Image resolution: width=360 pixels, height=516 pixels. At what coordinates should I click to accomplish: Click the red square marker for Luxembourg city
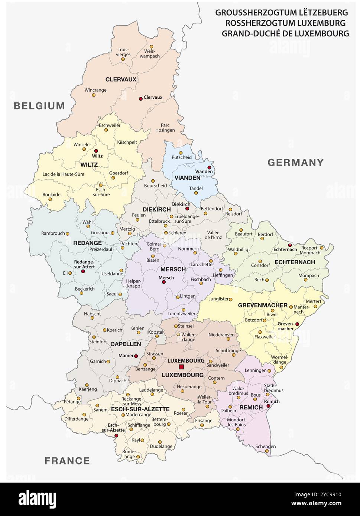coord(181,367)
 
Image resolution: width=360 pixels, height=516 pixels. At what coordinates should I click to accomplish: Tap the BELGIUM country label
coord(39,106)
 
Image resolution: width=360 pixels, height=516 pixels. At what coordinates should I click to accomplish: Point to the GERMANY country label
coord(296,162)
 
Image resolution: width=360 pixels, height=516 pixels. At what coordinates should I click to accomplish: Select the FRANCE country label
coord(67,461)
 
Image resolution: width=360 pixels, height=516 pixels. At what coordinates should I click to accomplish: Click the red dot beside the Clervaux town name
coord(141,98)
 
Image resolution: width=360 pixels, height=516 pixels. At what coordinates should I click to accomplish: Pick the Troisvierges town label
coord(124,52)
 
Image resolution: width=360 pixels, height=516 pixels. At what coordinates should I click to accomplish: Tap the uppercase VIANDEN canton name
coord(187,178)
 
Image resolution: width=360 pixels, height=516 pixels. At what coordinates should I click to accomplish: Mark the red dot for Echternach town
coord(290,245)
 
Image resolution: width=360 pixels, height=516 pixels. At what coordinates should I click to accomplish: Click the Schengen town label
coord(266,446)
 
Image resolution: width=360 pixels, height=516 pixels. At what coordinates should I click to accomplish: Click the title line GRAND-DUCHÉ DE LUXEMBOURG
coord(285,33)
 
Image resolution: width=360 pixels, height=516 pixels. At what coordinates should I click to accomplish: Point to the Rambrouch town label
coord(53,233)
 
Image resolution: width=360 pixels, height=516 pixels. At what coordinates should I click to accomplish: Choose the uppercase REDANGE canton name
coord(87,243)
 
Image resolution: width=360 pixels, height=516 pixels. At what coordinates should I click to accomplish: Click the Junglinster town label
coord(218,298)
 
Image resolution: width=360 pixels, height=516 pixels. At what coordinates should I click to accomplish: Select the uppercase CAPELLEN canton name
coord(126,344)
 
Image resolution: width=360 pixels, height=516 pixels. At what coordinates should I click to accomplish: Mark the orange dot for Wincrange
coord(94,95)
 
